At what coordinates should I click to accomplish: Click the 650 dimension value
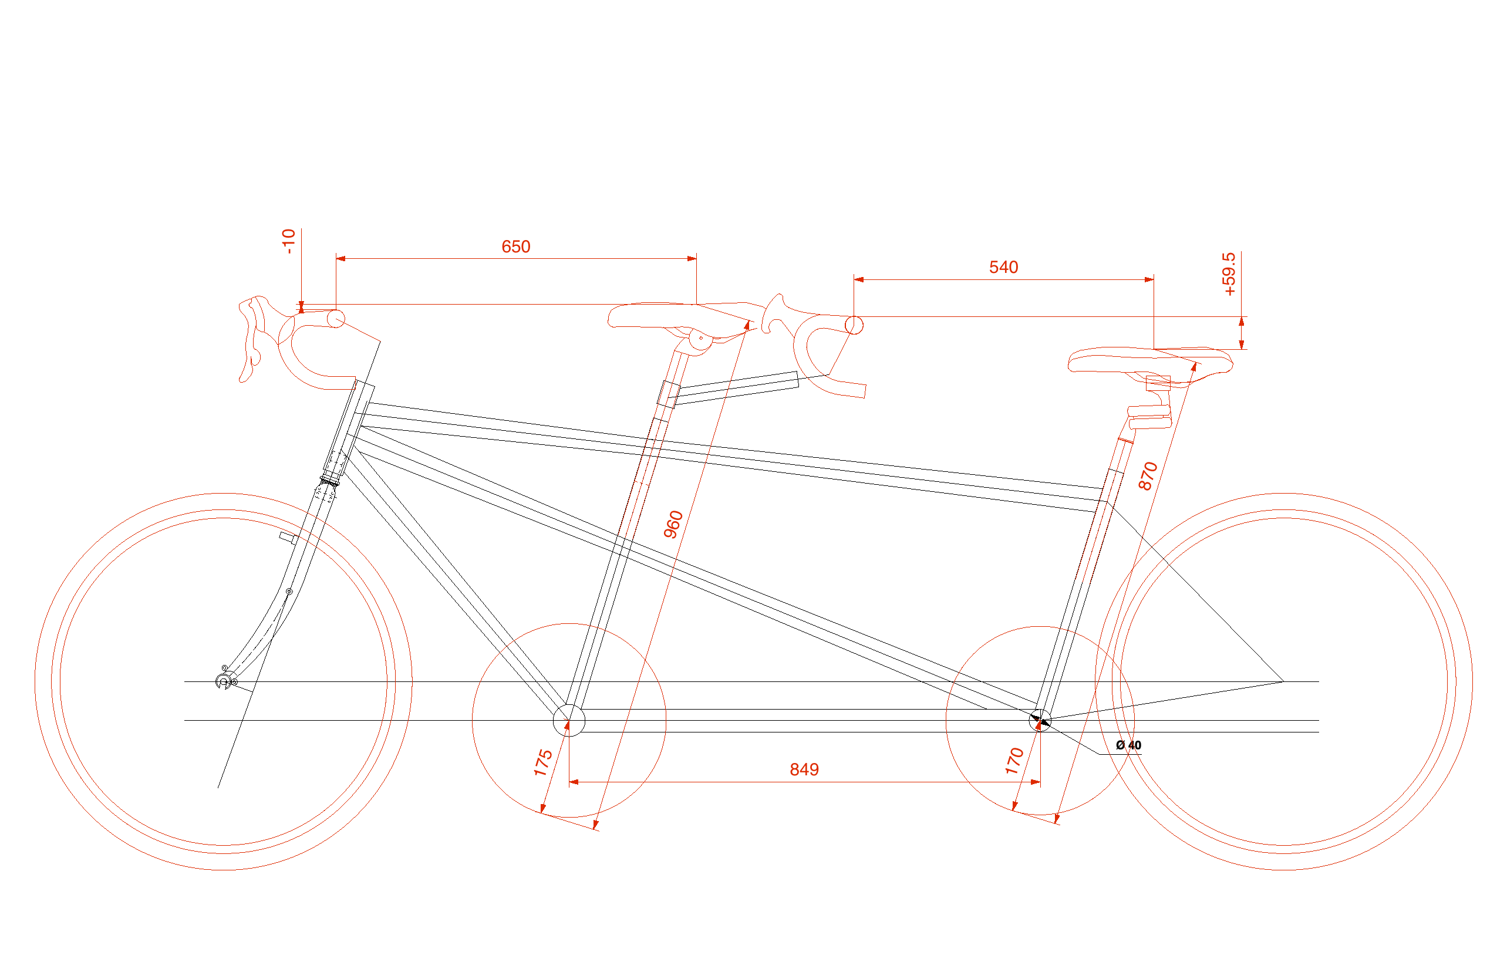(x=516, y=247)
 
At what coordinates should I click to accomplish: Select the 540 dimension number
(x=1003, y=267)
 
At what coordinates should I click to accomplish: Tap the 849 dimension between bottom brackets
(x=804, y=769)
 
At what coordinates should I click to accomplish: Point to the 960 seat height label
(x=673, y=525)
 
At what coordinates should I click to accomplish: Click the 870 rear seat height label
(x=1148, y=476)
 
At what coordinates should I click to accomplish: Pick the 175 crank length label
(x=543, y=763)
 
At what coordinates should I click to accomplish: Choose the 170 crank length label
(x=1014, y=761)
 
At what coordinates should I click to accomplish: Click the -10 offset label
(x=288, y=241)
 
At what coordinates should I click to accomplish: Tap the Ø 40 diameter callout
(x=1128, y=745)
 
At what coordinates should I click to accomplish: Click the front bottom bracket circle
(x=569, y=720)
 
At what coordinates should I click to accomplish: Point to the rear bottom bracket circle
(x=1040, y=720)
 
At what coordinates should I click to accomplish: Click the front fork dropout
(x=223, y=681)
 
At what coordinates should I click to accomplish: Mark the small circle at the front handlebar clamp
(x=336, y=318)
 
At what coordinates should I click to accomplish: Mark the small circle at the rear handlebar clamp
(x=854, y=325)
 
